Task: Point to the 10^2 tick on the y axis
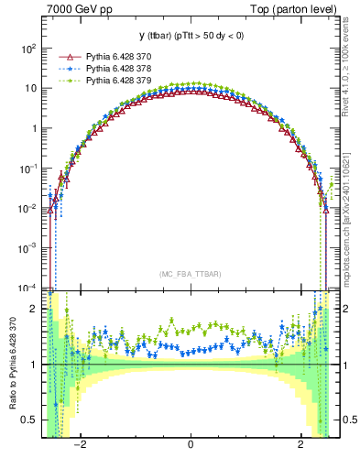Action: point(30,48)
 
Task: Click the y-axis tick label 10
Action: point(32,88)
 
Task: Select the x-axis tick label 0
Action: point(190,446)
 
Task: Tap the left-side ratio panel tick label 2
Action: point(36,310)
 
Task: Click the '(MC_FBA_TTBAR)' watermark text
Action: point(190,274)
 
